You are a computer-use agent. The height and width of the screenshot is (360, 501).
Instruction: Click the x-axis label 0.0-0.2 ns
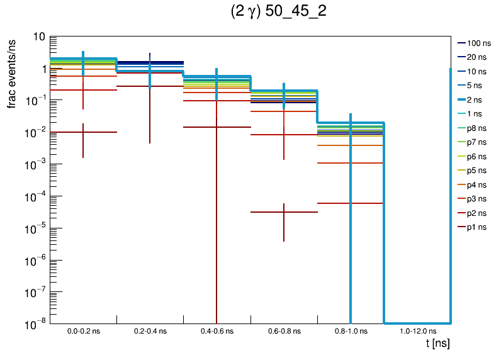click(x=83, y=330)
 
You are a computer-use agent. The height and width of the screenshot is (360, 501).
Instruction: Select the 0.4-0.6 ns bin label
click(x=217, y=330)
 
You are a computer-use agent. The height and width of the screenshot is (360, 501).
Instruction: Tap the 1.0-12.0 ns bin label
click(x=417, y=330)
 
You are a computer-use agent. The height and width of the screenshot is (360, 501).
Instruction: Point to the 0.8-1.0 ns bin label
click(x=350, y=330)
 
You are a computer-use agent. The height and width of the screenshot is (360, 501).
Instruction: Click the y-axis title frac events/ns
click(x=13, y=72)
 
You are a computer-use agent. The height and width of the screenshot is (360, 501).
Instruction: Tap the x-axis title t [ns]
click(x=437, y=344)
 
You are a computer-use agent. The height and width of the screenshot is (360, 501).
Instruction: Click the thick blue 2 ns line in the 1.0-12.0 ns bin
click(x=417, y=322)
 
